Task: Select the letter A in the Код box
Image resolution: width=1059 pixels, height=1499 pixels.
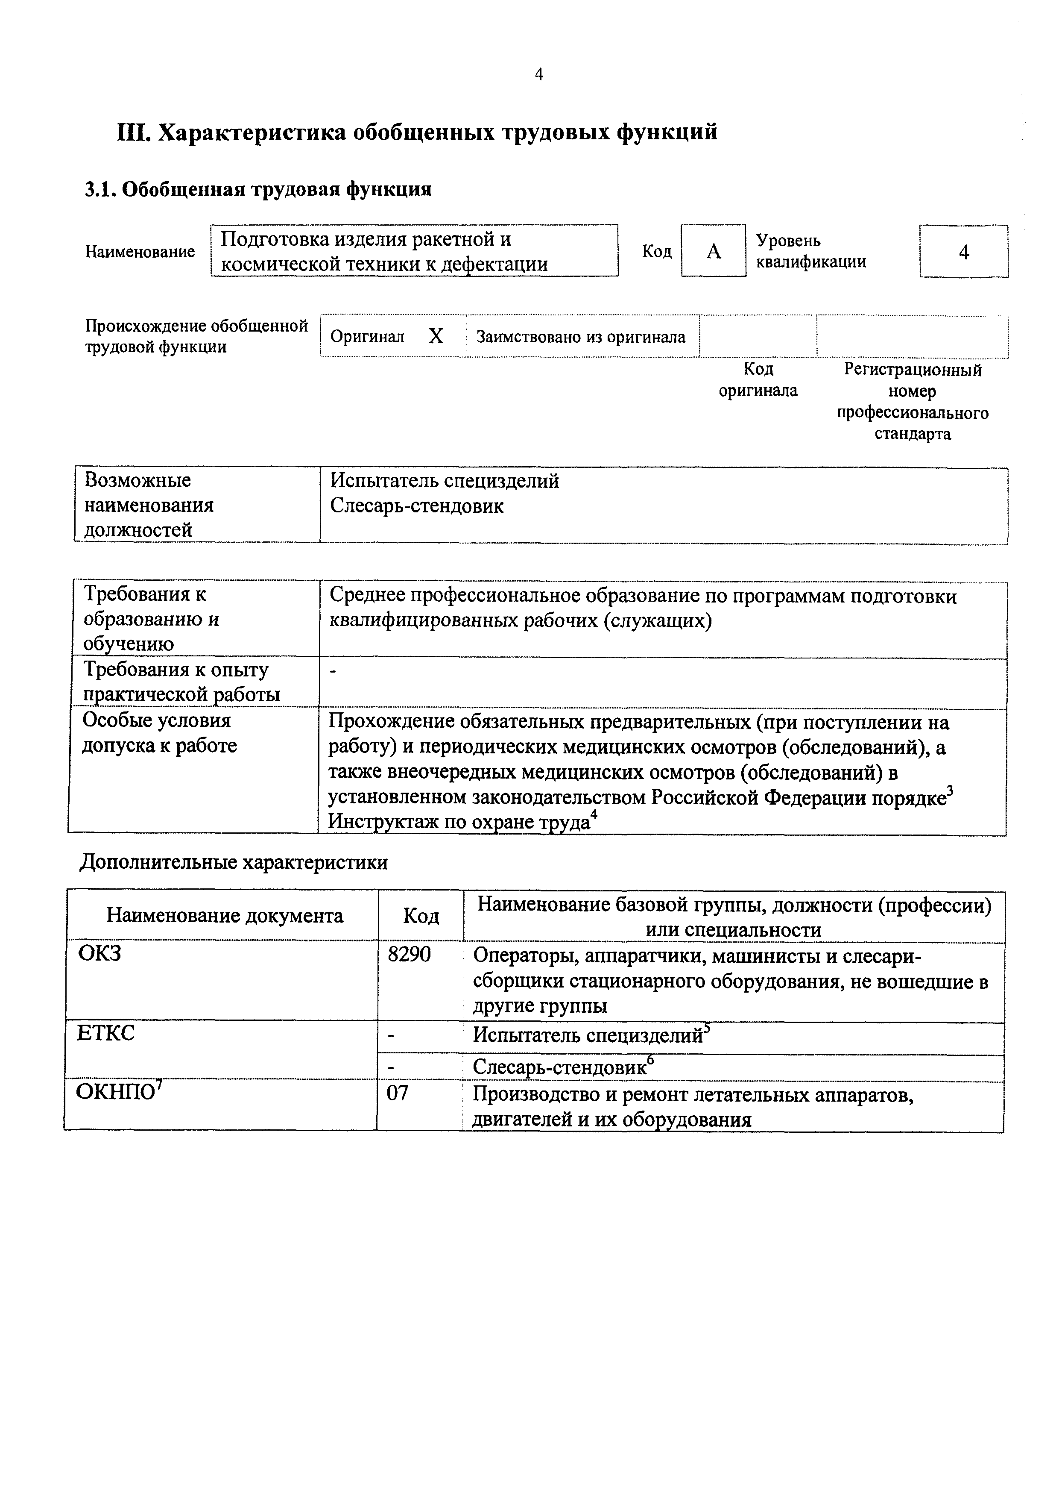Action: (714, 251)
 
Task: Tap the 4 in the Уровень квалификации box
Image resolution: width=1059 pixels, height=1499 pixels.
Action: (964, 252)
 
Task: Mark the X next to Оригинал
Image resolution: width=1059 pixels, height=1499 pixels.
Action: (436, 336)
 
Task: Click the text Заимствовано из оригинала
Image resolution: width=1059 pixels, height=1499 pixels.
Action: (581, 337)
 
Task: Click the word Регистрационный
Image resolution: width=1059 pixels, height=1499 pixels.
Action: (912, 370)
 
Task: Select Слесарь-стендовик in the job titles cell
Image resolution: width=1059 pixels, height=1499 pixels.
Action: (416, 506)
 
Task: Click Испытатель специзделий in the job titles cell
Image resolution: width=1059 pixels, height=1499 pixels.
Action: (445, 481)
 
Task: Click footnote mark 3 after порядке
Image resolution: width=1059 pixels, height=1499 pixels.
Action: (950, 791)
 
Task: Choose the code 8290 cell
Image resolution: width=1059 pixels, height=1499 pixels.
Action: (409, 955)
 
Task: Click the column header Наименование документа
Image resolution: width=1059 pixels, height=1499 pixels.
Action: (225, 916)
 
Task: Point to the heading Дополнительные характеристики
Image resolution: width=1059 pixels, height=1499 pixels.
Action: (234, 862)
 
